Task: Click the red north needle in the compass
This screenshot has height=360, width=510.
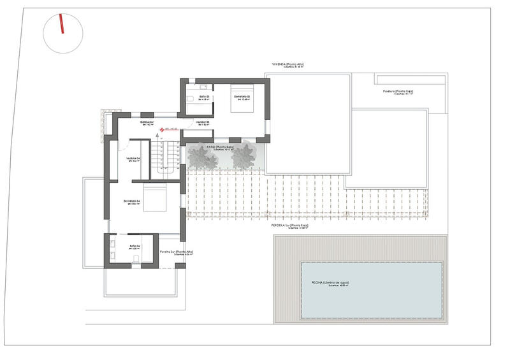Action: point(62,25)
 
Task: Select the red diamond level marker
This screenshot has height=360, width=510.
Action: point(162,129)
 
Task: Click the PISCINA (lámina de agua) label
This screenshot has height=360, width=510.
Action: point(330,282)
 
